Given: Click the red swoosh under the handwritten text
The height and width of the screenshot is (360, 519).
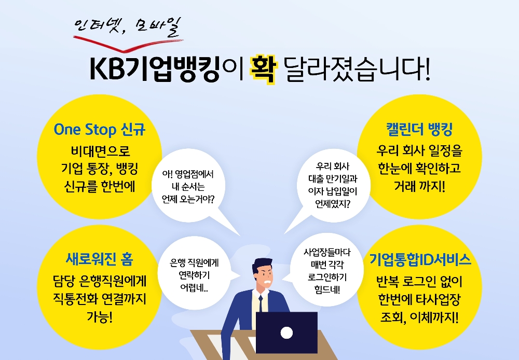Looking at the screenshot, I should [130, 47].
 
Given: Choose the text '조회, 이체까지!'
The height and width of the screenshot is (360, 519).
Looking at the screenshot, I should [418, 316].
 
